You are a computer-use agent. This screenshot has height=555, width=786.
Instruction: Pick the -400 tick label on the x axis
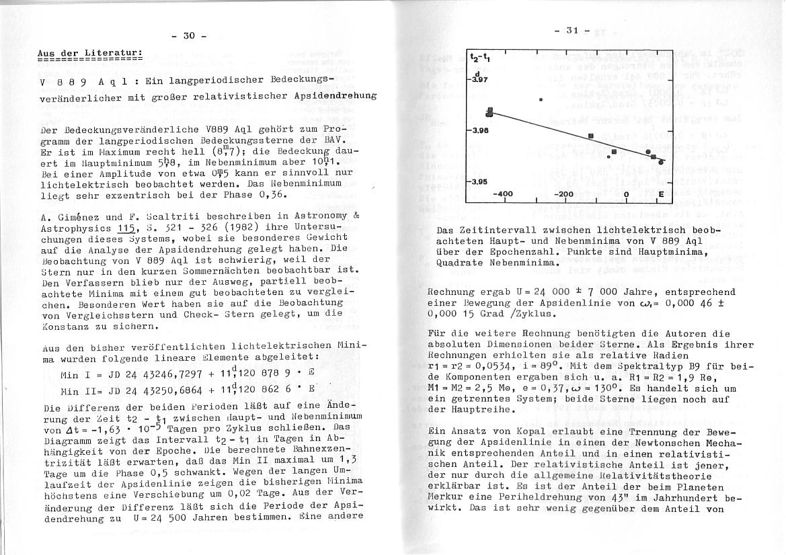pos(503,194)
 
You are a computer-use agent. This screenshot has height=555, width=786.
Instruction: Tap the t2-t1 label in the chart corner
pos(479,58)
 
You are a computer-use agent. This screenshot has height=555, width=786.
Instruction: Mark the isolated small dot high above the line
pos(541,100)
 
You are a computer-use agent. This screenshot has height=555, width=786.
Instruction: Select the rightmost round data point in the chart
pos(662,161)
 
